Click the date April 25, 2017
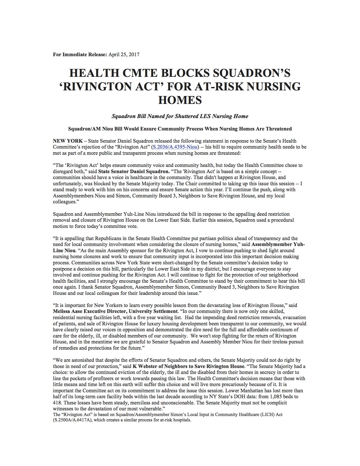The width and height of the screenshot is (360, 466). (x=124, y=55)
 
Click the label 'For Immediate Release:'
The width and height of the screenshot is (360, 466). (x=80, y=55)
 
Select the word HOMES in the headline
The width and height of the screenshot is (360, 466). (x=180, y=100)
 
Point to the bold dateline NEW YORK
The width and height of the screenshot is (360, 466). (x=68, y=141)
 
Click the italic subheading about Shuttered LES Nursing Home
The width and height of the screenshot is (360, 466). (x=180, y=116)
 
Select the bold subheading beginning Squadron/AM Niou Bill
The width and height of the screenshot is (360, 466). (x=180, y=129)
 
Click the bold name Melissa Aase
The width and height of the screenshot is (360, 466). (x=67, y=312)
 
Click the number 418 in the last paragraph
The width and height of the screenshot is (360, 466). (x=57, y=403)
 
